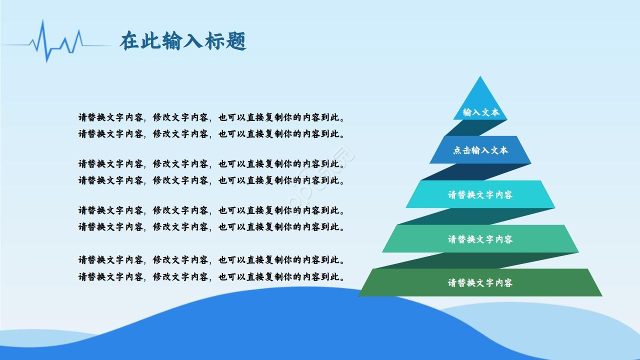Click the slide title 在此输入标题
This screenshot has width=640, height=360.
[x=183, y=41]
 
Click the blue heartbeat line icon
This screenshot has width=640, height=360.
[x=55, y=43]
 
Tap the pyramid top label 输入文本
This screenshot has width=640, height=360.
[x=480, y=112]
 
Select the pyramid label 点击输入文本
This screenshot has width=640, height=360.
[x=480, y=150]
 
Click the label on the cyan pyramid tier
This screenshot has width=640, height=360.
[x=480, y=194]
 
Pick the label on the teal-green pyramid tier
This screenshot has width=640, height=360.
[x=480, y=239]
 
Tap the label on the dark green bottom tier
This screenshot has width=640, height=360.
[x=480, y=282]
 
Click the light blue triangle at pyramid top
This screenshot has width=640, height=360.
[x=480, y=95]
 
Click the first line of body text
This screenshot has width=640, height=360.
[x=211, y=117]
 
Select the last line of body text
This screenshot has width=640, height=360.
[x=211, y=276]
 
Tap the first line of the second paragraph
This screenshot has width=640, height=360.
[x=211, y=163]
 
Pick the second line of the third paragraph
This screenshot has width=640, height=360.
[x=211, y=226]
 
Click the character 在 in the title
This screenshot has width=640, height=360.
[x=129, y=41]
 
